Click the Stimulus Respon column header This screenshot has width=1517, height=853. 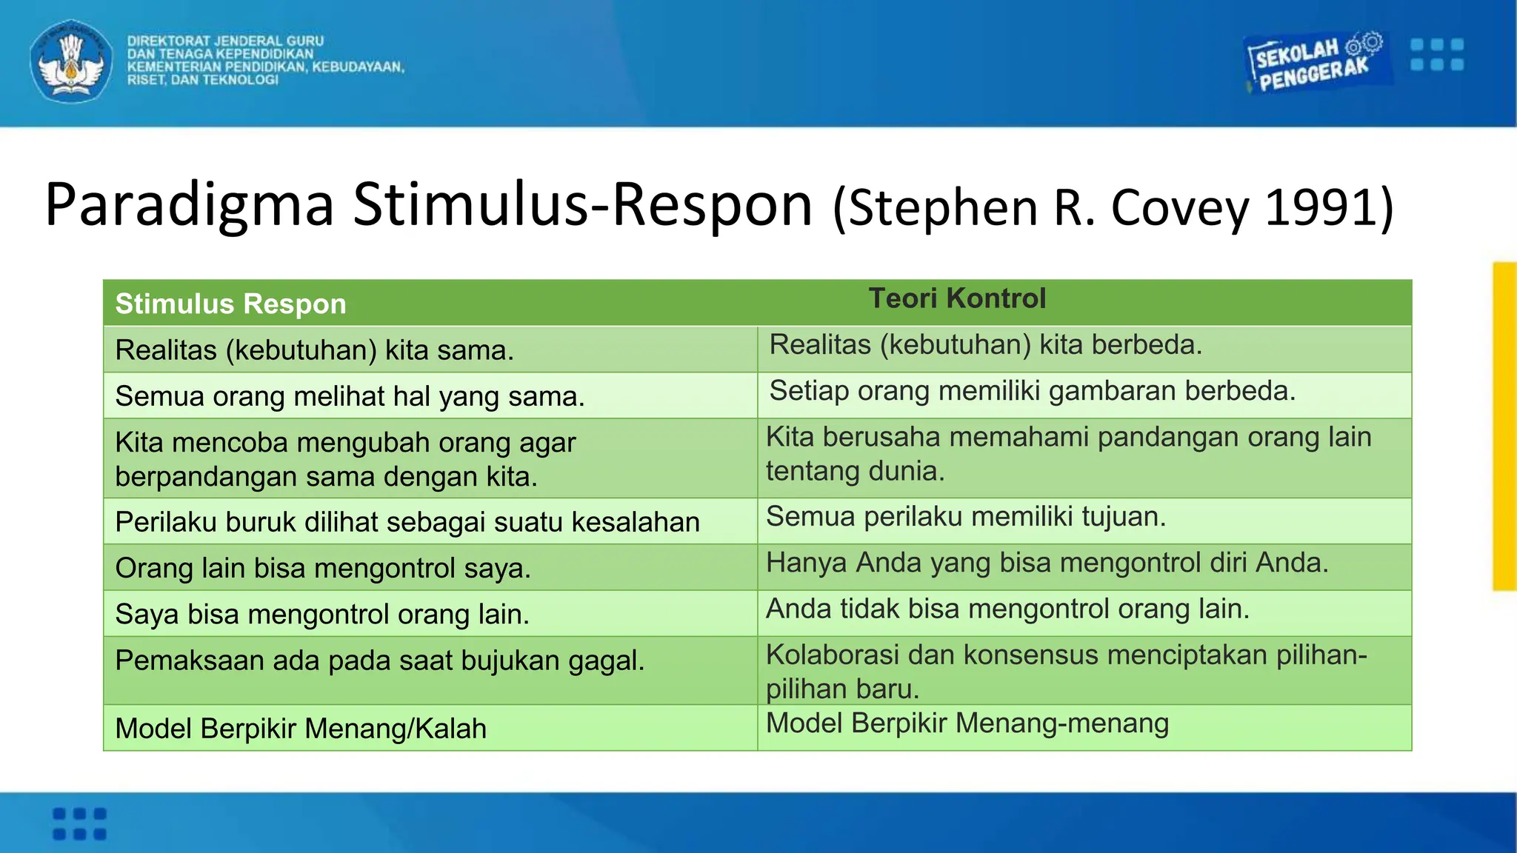click(x=230, y=304)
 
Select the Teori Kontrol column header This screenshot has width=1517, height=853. click(x=957, y=298)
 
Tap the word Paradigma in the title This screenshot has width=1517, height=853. click(x=190, y=205)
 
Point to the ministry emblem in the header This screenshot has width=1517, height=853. click(x=71, y=61)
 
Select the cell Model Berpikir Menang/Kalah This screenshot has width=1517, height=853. click(x=301, y=729)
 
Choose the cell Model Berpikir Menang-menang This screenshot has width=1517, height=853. click(x=967, y=723)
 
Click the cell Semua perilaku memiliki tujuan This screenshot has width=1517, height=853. click(x=966, y=517)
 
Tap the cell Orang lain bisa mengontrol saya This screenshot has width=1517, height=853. click(x=323, y=569)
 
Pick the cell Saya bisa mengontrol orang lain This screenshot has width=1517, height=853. click(x=322, y=615)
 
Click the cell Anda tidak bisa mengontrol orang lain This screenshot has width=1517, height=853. click(x=1007, y=609)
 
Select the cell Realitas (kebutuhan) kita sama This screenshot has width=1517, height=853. click(x=314, y=350)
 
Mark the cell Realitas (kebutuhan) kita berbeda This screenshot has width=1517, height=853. click(x=985, y=345)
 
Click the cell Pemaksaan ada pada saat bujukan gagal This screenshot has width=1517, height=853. click(x=379, y=660)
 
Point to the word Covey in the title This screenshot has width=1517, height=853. click(x=1180, y=208)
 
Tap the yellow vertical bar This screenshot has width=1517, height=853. click(x=1504, y=426)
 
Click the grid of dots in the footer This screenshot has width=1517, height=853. click(x=79, y=823)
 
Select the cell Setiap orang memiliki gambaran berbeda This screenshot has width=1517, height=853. click(x=1033, y=391)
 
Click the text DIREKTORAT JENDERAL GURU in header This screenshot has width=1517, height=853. click(x=225, y=41)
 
